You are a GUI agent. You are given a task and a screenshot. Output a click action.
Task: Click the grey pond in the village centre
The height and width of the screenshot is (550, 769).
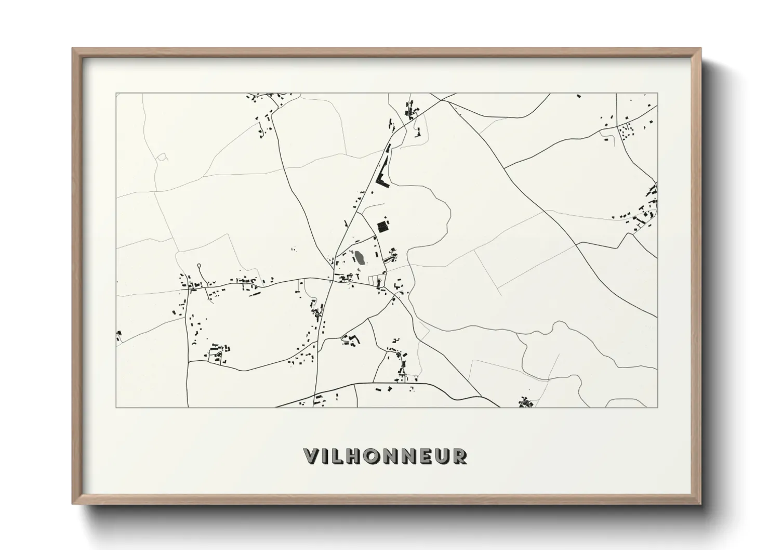click(x=359, y=257)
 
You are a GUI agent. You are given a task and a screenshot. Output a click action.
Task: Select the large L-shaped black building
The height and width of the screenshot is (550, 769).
click(x=382, y=177)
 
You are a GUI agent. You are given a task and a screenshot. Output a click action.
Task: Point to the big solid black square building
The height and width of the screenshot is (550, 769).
click(x=383, y=227)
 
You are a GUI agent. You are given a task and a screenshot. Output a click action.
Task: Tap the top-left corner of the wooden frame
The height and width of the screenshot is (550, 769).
click(x=73, y=49)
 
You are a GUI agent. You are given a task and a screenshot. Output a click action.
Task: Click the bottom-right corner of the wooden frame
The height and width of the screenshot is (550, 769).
click(x=700, y=504)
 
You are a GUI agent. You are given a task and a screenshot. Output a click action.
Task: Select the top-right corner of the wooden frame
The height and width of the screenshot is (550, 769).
click(x=700, y=49)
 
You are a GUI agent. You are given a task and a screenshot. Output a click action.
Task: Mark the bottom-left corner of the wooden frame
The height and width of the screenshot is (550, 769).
click(x=73, y=504)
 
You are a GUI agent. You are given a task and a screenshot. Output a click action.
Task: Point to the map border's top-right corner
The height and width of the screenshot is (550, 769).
click(x=657, y=94)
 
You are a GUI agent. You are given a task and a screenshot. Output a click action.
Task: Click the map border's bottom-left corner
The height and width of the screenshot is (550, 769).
click(x=116, y=407)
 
